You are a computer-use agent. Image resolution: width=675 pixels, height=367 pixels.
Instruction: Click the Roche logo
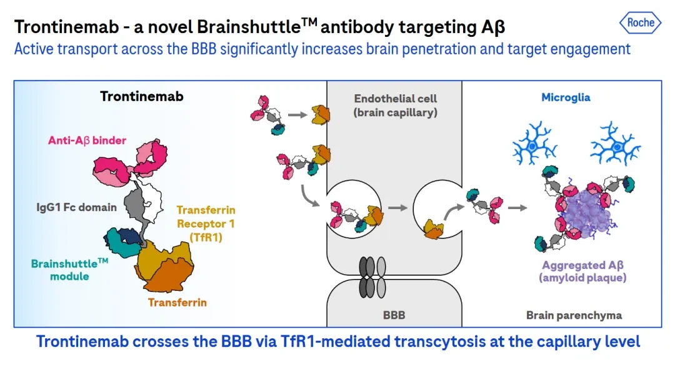[640, 22]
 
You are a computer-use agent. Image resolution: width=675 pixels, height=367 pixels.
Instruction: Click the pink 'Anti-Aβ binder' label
[87, 140]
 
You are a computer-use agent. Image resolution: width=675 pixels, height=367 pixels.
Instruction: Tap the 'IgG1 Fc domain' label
[77, 208]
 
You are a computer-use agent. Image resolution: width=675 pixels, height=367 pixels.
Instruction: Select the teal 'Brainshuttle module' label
[69, 270]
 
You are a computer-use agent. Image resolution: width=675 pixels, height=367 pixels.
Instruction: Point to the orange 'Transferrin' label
[177, 303]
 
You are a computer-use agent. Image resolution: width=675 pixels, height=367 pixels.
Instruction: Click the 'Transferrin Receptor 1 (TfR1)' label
[206, 223]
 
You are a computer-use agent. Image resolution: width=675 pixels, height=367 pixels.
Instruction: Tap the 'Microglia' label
[566, 97]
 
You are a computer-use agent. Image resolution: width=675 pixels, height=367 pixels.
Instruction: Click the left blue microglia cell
[534, 144]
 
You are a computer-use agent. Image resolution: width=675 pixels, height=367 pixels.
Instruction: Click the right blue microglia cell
[616, 144]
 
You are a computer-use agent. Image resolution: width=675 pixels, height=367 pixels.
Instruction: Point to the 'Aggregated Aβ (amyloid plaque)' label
[582, 271]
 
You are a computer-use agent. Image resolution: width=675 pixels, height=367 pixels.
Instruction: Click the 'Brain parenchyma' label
[574, 315]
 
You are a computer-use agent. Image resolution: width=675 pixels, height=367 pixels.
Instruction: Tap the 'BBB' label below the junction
[394, 315]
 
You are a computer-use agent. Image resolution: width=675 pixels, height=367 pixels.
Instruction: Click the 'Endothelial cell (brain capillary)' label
[395, 105]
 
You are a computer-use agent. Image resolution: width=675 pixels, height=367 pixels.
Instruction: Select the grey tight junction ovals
[372, 278]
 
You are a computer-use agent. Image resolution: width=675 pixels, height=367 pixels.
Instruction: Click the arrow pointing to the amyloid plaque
[518, 208]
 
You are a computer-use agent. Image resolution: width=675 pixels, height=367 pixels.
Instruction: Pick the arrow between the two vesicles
[397, 208]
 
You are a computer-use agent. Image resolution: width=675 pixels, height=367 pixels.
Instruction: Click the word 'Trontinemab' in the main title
[67, 27]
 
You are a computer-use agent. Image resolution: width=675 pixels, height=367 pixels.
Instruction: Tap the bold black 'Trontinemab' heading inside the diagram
[142, 96]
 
